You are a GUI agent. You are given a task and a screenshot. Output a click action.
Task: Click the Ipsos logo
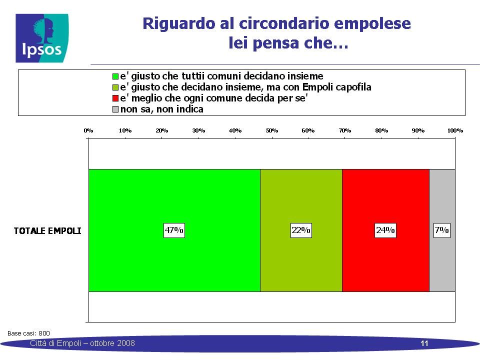(x=42, y=38)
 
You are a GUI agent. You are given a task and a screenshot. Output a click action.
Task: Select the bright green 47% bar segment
(x=174, y=230)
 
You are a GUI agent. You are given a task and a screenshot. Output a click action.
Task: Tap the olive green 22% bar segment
(x=301, y=230)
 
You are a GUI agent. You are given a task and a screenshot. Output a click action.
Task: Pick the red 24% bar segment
(x=385, y=230)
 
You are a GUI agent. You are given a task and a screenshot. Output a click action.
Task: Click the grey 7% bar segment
(x=442, y=230)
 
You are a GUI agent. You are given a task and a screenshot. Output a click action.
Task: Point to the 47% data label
(x=174, y=230)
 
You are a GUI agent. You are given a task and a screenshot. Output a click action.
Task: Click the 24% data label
(x=385, y=230)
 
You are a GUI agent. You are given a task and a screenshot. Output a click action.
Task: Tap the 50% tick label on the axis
(x=272, y=130)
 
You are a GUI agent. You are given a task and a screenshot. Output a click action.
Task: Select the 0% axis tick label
(x=88, y=130)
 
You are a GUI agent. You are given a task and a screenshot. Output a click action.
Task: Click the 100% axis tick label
(x=455, y=130)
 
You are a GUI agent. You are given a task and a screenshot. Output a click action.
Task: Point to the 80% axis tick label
(x=381, y=130)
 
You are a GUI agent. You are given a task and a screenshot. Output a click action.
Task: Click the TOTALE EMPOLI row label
(x=47, y=231)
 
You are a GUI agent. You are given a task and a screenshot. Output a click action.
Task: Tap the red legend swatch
(x=115, y=98)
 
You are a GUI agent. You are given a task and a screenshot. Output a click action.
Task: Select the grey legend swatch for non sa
(x=115, y=109)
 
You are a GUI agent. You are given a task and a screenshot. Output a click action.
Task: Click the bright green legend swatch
(x=115, y=76)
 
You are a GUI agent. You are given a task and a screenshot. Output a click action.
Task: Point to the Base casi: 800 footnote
(x=28, y=333)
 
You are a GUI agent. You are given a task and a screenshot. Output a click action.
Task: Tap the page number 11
(x=424, y=343)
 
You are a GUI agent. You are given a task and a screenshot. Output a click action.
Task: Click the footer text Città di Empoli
(x=55, y=343)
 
